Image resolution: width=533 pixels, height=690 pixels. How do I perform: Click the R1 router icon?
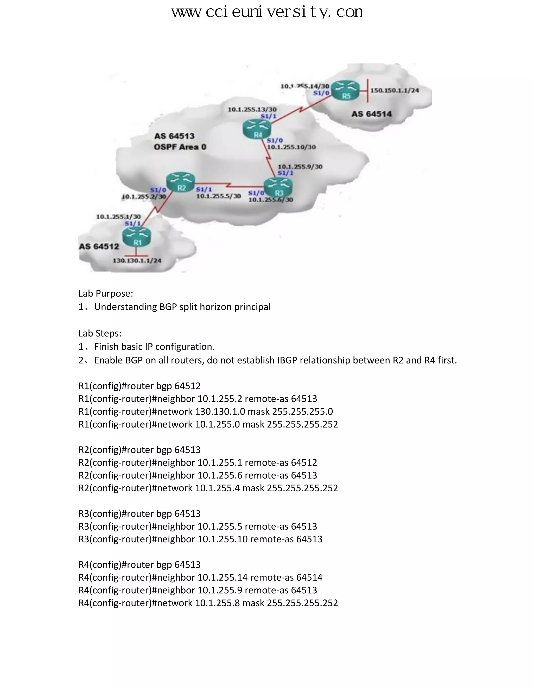(137, 237)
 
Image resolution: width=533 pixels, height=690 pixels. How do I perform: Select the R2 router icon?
(181, 182)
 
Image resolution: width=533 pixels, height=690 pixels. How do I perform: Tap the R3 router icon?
(278, 187)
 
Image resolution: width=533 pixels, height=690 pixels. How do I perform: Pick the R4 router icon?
(257, 129)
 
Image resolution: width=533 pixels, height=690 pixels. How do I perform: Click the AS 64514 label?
(371, 114)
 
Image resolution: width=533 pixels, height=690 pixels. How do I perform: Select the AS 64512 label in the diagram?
(99, 246)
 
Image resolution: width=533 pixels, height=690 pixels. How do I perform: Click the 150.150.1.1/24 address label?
(394, 90)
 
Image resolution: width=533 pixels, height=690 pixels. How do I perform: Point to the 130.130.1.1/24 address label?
(137, 261)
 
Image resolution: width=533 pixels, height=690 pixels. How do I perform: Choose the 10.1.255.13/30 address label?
(252, 109)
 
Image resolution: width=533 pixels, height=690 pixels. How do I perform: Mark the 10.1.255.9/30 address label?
(300, 166)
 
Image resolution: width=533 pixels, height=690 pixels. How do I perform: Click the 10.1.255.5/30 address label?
(219, 196)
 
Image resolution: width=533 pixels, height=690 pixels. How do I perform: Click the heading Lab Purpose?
(106, 293)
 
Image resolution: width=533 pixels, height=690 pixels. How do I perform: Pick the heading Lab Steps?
(100, 333)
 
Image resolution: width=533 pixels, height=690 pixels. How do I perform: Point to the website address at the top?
(267, 12)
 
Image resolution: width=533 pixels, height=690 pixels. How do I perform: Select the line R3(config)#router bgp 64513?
(139, 513)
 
